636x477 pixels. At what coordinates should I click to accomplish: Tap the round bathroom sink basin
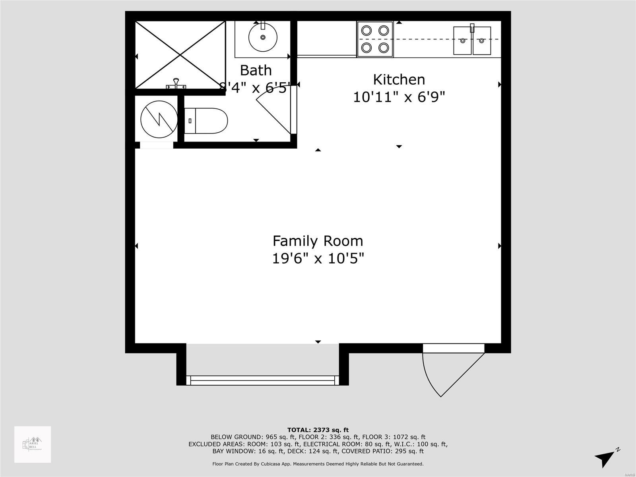pos(263,37)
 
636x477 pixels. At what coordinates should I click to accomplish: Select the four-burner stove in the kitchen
pos(375,39)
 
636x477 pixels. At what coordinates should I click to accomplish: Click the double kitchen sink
pos(472,41)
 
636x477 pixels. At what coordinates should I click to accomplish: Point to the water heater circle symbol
pos(159,118)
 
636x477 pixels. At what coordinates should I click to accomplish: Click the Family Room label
pos(318,241)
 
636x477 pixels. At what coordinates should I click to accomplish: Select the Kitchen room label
pos(399,79)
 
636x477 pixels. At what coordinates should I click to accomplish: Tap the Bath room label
pos(256,70)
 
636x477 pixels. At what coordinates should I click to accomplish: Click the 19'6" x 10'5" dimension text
pos(318,259)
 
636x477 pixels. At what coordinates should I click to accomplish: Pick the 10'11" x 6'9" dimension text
pos(399,97)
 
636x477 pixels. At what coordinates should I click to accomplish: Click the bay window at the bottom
pos(262,380)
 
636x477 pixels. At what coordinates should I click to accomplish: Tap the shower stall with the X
pos(180,54)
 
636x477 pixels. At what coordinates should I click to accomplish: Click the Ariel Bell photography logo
pos(33,444)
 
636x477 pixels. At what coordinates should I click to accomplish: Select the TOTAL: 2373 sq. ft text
pos(318,430)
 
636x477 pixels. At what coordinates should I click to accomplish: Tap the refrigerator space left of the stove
pos(327,39)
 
